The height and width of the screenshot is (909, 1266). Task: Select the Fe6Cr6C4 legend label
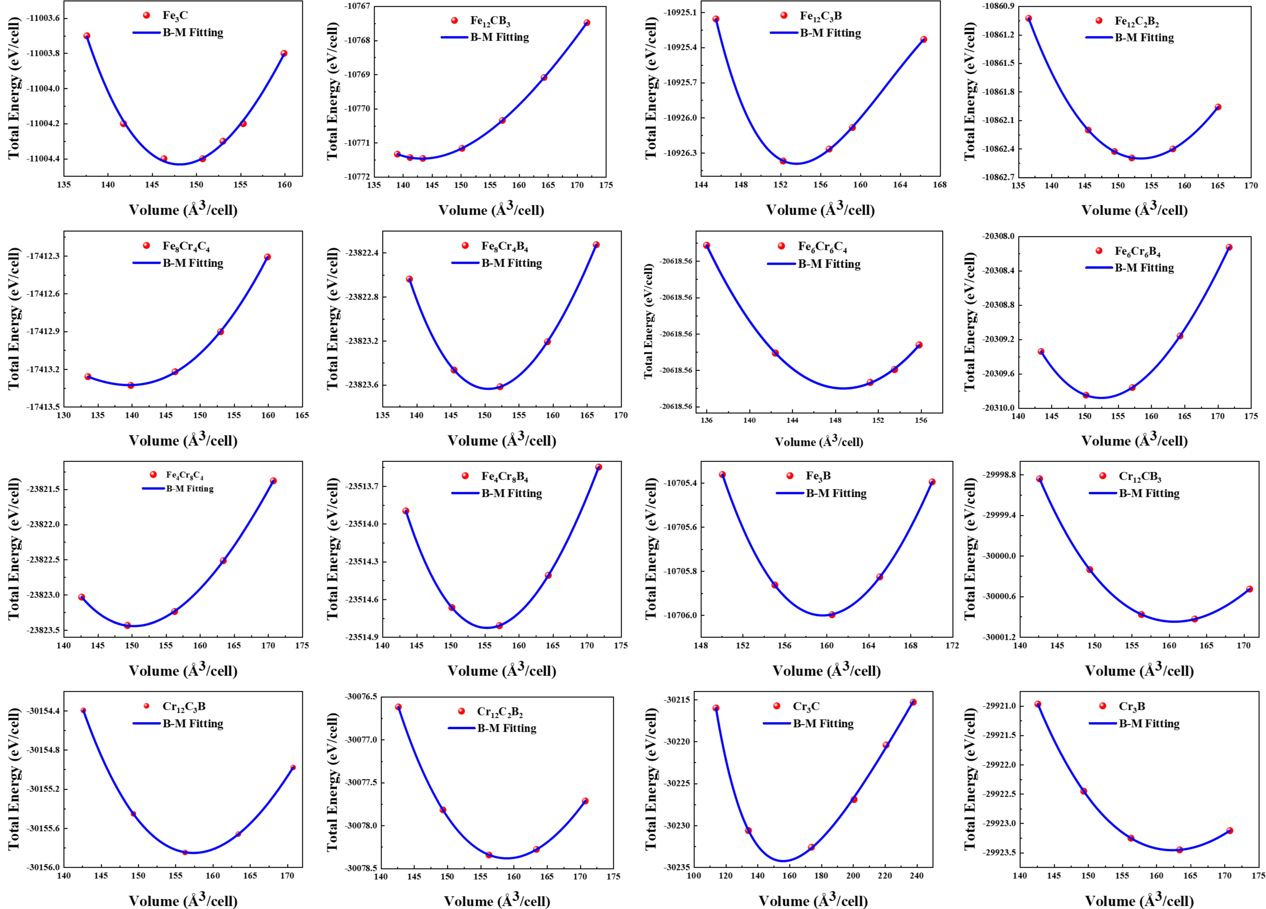coord(822,247)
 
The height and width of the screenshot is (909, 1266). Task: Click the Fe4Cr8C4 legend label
coord(185,475)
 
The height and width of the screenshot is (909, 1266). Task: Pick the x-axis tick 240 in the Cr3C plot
coord(916,876)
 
